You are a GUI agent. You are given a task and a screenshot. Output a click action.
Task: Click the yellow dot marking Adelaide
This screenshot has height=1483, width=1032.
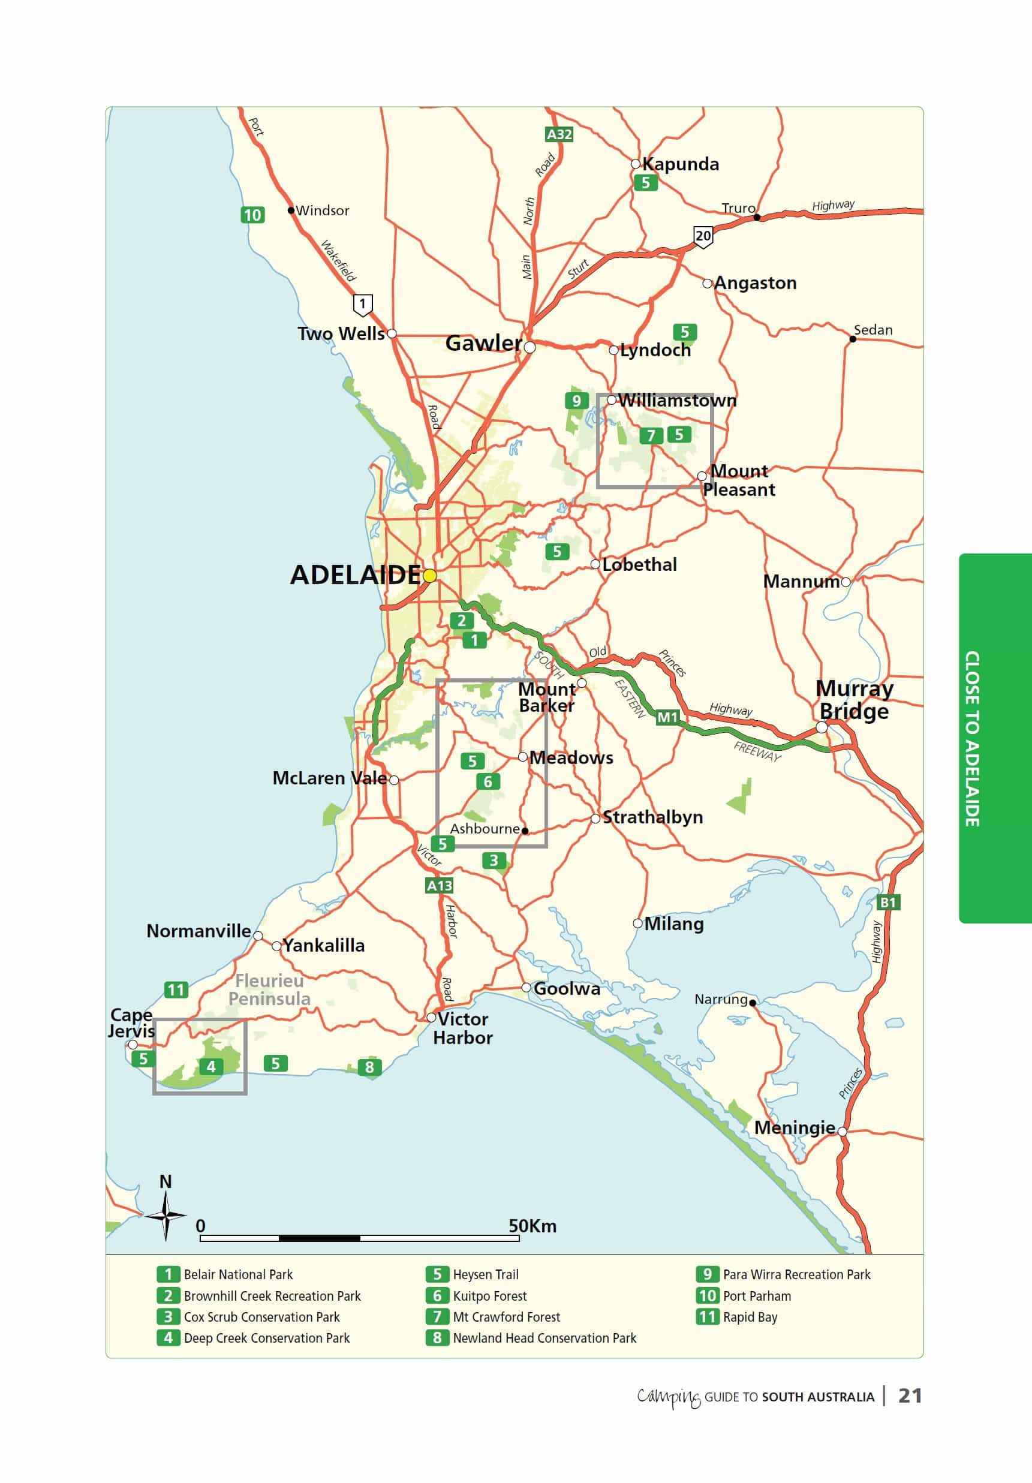(x=429, y=575)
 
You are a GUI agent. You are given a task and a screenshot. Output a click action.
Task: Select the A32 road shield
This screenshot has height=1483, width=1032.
(x=559, y=134)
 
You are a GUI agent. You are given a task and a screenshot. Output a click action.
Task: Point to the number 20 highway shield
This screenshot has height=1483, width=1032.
(x=703, y=236)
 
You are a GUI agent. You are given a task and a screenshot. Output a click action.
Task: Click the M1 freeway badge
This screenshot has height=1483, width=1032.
(x=667, y=717)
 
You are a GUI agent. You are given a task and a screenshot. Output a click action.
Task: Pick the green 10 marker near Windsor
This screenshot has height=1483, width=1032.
(x=252, y=215)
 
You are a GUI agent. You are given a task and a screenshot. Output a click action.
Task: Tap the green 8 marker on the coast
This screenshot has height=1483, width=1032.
(x=369, y=1067)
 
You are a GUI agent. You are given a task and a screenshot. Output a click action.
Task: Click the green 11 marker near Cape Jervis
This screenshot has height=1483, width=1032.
(x=176, y=989)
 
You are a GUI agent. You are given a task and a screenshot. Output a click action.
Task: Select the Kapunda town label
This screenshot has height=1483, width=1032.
(x=680, y=164)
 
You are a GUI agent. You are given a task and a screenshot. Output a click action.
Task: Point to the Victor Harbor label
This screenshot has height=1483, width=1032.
(x=462, y=1028)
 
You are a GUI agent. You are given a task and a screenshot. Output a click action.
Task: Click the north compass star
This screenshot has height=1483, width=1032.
(x=166, y=1216)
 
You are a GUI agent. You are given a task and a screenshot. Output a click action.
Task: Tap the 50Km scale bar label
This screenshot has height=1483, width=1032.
(x=532, y=1226)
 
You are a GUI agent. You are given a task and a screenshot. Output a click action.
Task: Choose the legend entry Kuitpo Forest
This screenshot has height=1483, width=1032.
(x=489, y=1296)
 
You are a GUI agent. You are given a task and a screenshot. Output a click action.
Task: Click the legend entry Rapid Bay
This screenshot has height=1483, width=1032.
(x=750, y=1317)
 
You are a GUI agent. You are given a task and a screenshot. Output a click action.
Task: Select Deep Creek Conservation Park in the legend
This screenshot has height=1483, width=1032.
(x=266, y=1338)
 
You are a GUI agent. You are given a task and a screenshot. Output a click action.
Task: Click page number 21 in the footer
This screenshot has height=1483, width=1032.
(x=910, y=1396)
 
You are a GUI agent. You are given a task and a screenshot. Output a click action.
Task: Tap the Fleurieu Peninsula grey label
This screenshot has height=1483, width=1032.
(x=269, y=989)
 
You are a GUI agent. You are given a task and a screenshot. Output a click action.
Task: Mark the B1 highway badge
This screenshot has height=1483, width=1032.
(x=888, y=903)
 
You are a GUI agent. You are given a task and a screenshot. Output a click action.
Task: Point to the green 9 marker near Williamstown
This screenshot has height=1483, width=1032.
(x=576, y=401)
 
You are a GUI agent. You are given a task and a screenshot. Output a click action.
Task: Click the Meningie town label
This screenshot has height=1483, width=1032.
(x=795, y=1128)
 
